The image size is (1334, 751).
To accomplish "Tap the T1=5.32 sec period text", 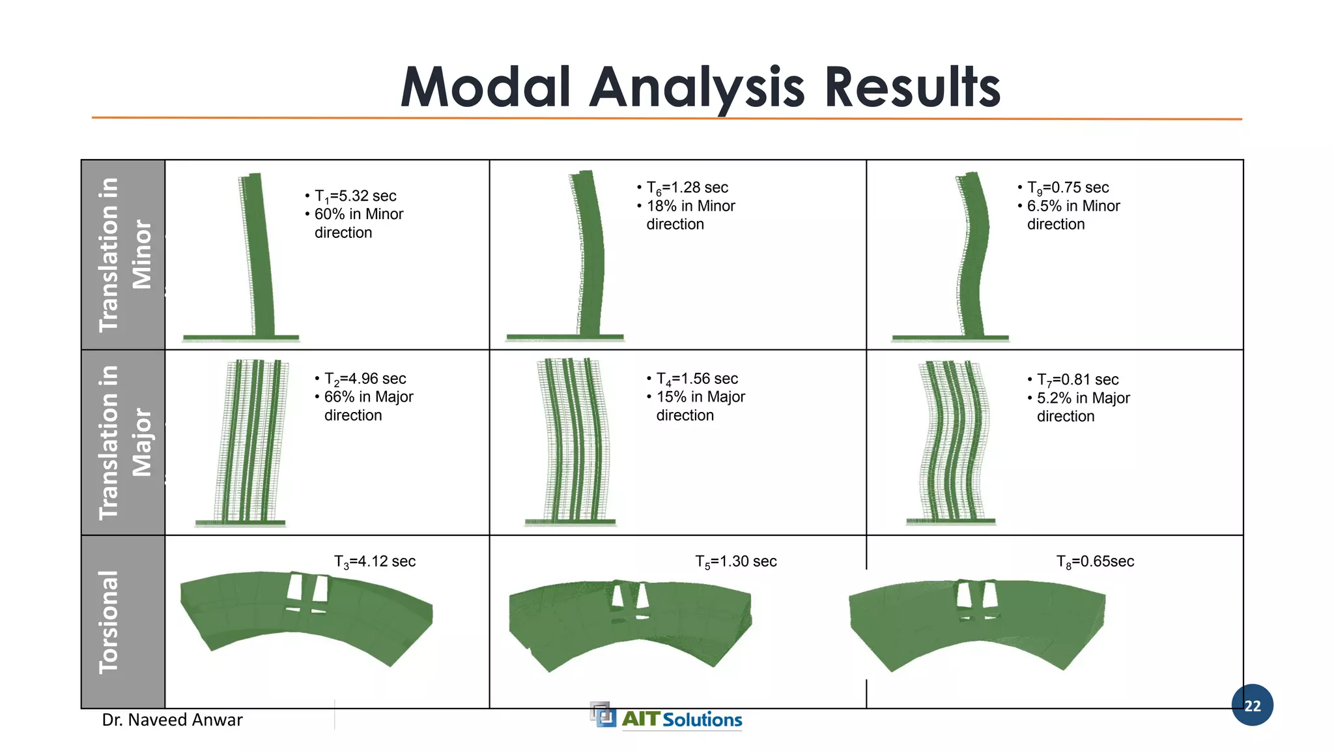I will [355, 196].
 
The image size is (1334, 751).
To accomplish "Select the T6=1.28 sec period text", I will [687, 188].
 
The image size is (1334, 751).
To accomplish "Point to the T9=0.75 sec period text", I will [1068, 188].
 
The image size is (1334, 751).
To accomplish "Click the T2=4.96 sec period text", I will [365, 379].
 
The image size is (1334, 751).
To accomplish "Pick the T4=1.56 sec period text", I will [697, 379].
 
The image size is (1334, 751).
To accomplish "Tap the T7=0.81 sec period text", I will [1077, 379].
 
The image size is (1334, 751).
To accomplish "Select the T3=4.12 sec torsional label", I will [375, 561].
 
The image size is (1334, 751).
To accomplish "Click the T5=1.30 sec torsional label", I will [736, 561].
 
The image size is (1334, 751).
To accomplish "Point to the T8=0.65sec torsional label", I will [1095, 561].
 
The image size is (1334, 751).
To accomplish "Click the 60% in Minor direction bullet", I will [358, 223].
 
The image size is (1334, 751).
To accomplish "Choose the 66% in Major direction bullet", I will [369, 405].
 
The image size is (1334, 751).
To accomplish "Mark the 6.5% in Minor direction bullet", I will [1073, 214].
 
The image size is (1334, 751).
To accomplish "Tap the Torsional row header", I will [109, 621].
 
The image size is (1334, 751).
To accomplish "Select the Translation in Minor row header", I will [124, 254].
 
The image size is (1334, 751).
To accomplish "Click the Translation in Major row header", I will [124, 442].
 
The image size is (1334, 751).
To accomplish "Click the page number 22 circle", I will [1252, 705].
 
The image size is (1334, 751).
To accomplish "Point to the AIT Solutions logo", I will [668, 717].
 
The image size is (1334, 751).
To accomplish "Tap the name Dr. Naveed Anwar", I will [173, 720].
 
